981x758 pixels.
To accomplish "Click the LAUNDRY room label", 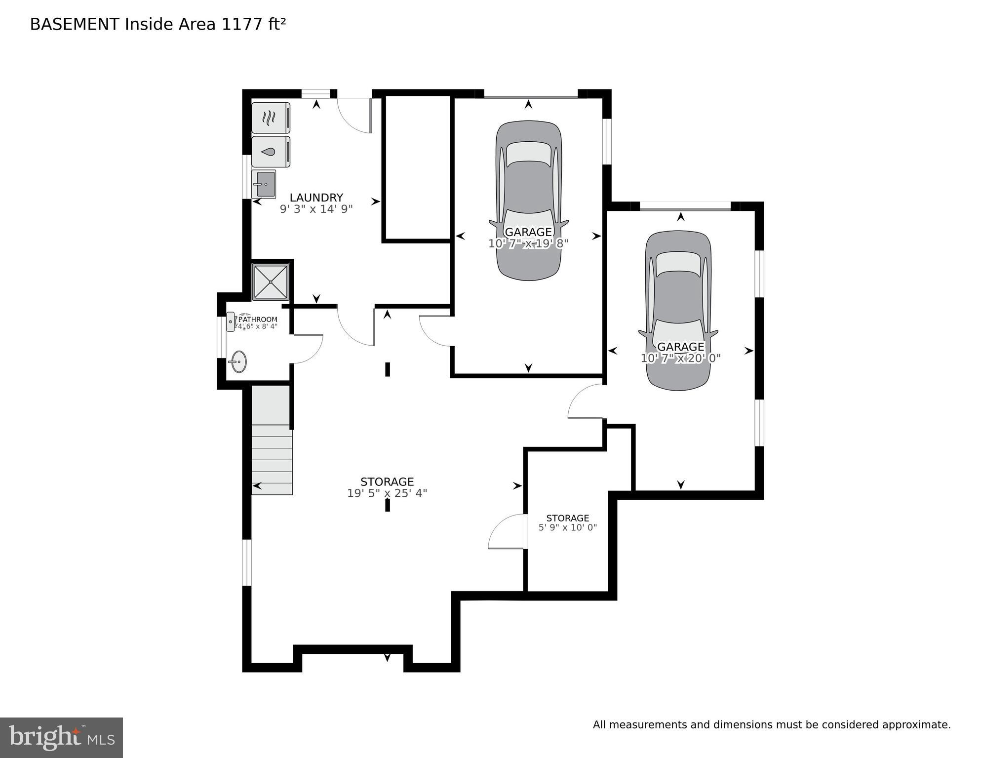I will coord(316,198).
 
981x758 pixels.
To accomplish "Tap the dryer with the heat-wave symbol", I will coord(271,118).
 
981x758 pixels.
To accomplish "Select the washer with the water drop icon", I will coord(271,152).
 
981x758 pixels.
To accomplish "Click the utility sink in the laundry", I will coord(264,184).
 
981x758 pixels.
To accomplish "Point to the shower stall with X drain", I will coord(270,281).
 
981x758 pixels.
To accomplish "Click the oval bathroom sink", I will coord(239,361).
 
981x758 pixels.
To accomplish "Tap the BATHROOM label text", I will coord(258,319).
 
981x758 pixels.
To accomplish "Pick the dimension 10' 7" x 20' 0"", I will coord(680,359).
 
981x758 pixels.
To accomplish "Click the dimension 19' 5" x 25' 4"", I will coord(387,493).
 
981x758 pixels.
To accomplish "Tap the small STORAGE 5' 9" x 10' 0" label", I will coord(567,522).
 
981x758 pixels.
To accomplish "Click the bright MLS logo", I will coord(61,738).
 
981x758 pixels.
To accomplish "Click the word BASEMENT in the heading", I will coord(74,24).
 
